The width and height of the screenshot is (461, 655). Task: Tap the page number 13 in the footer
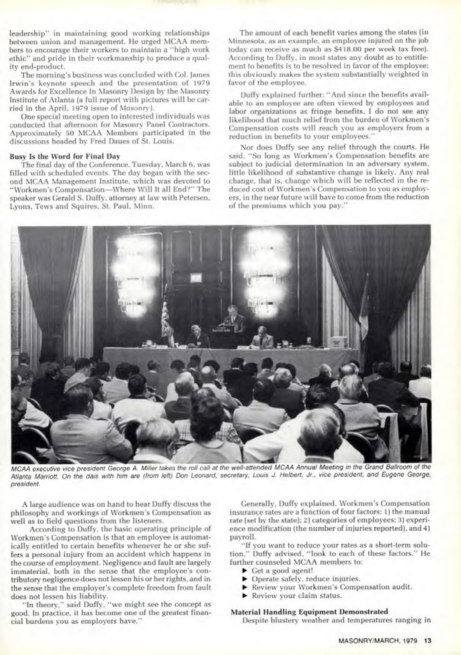pos(428,641)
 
